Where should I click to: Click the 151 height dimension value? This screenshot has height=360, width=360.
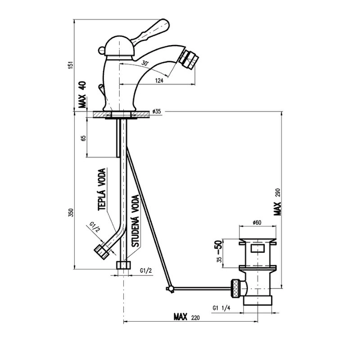click(71, 65)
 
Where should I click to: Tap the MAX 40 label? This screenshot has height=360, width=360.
click(82, 94)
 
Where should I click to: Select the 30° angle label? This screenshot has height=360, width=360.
click(144, 63)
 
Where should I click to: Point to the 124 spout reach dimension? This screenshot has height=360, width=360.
click(159, 81)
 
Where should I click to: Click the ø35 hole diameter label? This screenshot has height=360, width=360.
click(157, 112)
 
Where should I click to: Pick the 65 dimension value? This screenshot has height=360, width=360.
click(84, 138)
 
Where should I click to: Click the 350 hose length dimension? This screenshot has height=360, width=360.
click(71, 212)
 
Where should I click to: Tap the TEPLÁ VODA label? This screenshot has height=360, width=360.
click(102, 189)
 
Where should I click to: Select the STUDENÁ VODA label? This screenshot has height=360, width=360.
click(136, 221)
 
